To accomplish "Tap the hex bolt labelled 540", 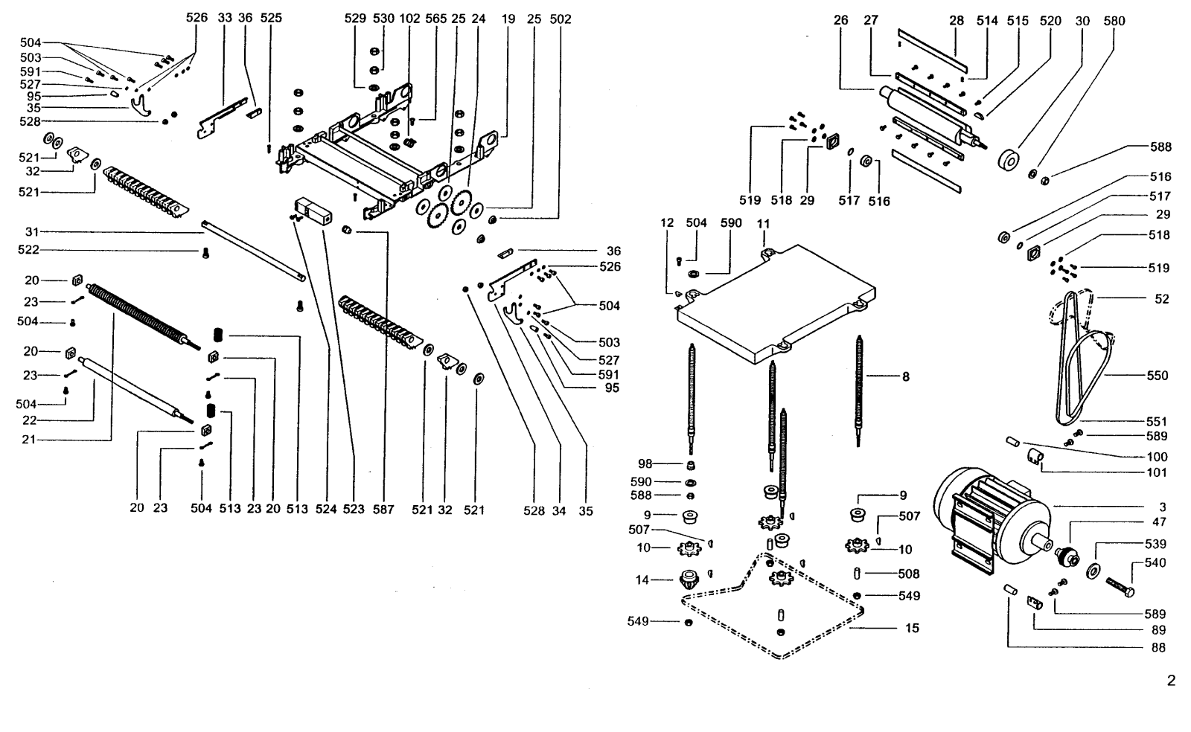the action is point(1120,586).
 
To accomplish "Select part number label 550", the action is point(1157,376).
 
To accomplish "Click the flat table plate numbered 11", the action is point(776,304).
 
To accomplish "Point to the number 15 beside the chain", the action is point(912,628).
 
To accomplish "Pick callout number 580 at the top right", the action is point(1114,21).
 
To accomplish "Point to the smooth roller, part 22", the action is point(135,389).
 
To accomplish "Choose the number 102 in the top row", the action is point(409,19).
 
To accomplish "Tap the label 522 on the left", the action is point(28,250).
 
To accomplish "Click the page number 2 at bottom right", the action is point(1172,681).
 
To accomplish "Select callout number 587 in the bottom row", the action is point(383,510).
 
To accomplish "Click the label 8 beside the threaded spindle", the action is point(906,376).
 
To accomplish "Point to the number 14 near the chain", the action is point(642,579).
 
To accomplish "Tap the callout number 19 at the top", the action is point(508,19).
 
